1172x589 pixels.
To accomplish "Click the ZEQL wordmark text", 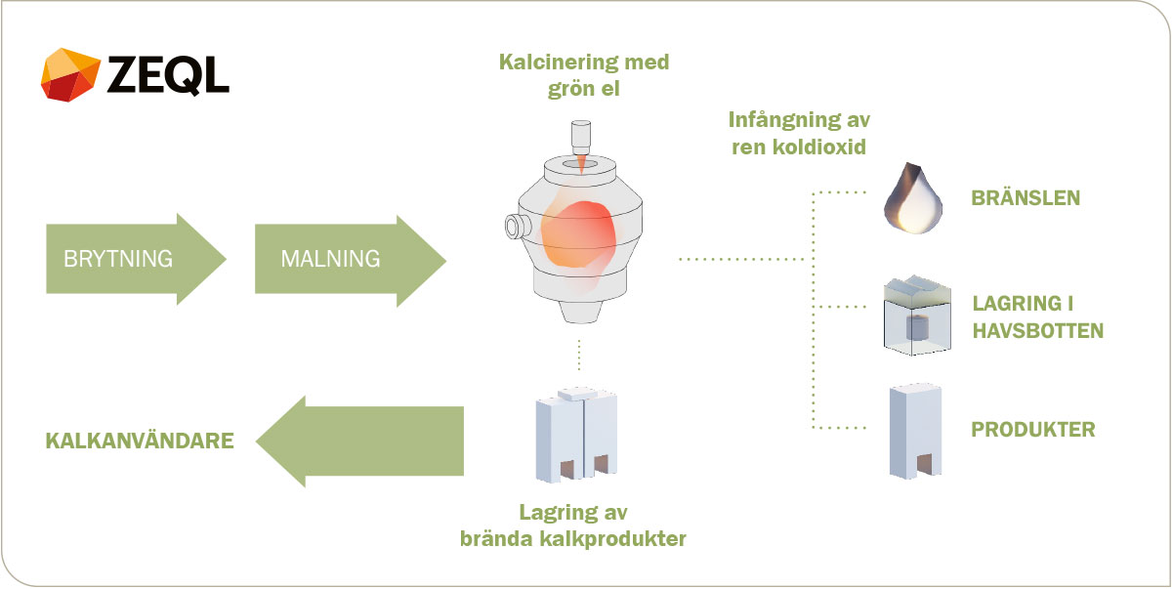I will point(168,74).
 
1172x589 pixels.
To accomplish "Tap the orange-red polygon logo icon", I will point(70,74).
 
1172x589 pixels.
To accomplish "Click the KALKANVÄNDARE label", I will point(140,441).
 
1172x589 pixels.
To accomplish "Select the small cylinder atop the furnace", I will point(581,136).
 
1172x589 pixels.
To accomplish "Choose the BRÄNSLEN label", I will point(1025,198).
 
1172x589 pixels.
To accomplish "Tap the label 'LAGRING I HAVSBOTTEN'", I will point(1037,316).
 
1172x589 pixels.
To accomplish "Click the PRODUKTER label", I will point(1033,430).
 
